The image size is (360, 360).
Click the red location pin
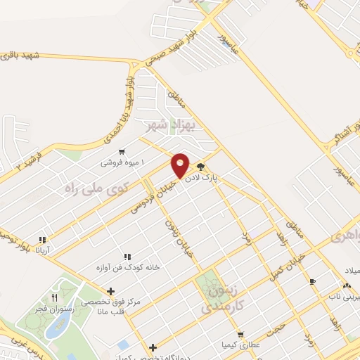181,165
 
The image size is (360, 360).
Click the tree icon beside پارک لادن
202,167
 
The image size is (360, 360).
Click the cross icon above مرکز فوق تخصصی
110,291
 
